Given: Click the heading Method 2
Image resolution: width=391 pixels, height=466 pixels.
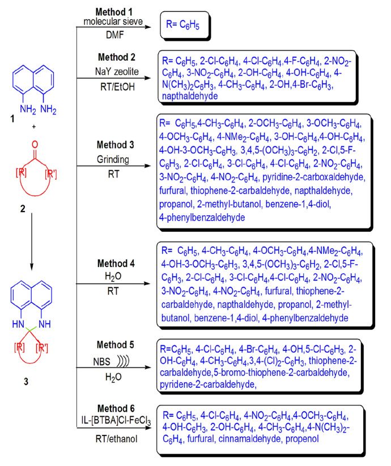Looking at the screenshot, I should [x=114, y=58].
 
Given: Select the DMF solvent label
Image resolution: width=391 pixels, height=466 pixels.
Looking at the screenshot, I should [x=114, y=35].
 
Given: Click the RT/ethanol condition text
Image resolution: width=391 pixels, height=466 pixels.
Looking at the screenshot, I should [x=114, y=438].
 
